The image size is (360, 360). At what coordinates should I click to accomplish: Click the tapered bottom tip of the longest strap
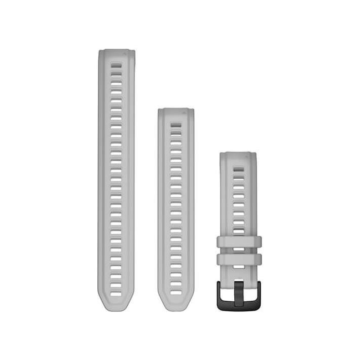(116, 304)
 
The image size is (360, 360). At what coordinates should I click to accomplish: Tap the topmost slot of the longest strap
(116, 65)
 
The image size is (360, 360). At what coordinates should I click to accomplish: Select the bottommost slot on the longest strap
(116, 293)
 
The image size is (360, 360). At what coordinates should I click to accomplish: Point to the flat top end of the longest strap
(116, 51)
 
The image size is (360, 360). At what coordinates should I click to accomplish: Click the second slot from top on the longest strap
(116, 73)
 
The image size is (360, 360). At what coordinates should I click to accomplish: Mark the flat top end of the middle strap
(175, 110)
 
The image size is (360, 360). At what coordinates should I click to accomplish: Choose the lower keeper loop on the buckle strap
(239, 259)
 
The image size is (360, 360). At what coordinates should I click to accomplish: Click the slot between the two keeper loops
(238, 250)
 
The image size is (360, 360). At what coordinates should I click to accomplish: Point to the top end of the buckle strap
(238, 155)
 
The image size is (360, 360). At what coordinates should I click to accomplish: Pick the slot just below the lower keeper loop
(238, 269)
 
